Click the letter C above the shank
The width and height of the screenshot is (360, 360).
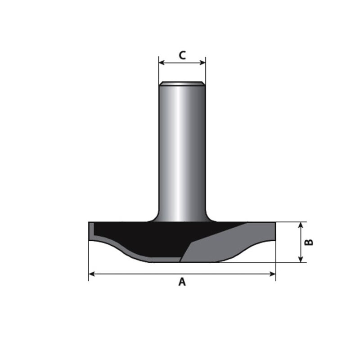pyautogui.click(x=182, y=55)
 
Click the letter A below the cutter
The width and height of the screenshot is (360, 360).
pyautogui.click(x=182, y=282)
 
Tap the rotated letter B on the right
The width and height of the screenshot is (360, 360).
pyautogui.click(x=309, y=242)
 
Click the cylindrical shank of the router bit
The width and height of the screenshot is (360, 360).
pyautogui.click(x=182, y=148)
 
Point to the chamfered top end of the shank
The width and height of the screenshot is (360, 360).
pyautogui.click(x=182, y=83)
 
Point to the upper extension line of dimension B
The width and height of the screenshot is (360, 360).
pyautogui.click(x=290, y=222)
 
